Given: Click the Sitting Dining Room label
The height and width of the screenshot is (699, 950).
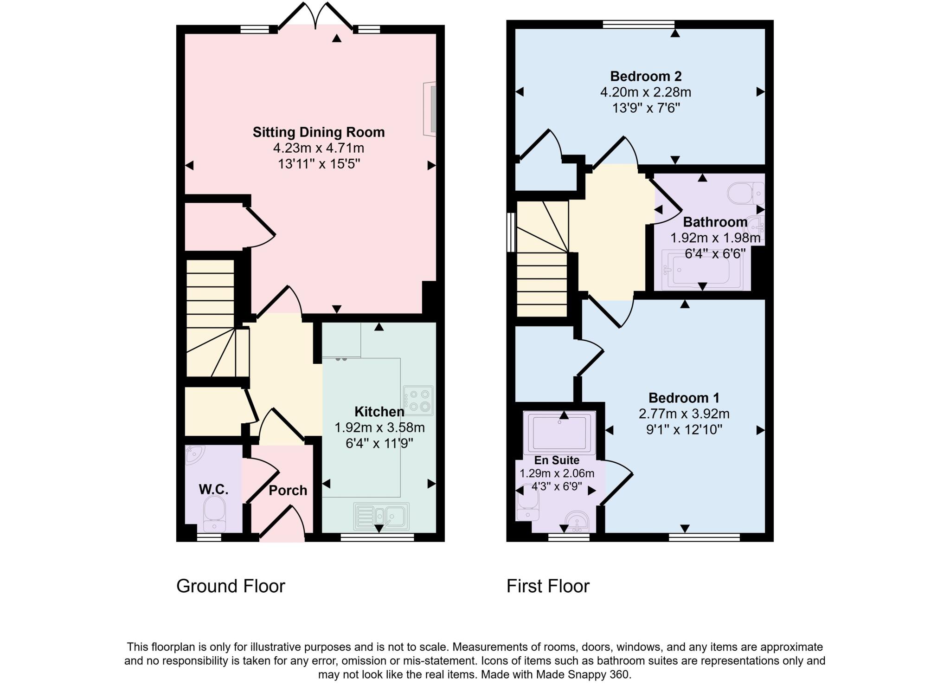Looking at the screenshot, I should pyautogui.click(x=319, y=132).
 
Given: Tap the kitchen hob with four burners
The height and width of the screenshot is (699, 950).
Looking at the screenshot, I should pyautogui.click(x=418, y=400).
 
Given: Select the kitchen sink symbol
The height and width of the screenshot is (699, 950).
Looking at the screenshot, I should pyautogui.click(x=381, y=516).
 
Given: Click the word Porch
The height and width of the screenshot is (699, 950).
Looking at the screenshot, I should pyautogui.click(x=288, y=491).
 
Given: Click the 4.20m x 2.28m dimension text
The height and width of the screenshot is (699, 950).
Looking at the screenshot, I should pyautogui.click(x=645, y=92).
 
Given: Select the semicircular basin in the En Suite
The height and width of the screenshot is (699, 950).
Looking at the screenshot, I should pyautogui.click(x=578, y=522).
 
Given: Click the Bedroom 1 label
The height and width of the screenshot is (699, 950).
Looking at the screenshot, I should pyautogui.click(x=683, y=398).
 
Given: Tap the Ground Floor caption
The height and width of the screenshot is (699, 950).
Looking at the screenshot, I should pyautogui.click(x=231, y=586).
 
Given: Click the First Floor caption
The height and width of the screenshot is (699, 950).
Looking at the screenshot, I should pyautogui.click(x=547, y=586).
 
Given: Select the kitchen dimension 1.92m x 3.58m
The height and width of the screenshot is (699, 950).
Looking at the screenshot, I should pyautogui.click(x=379, y=427).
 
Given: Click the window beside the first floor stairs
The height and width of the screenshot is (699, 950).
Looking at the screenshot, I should pyautogui.click(x=511, y=232).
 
